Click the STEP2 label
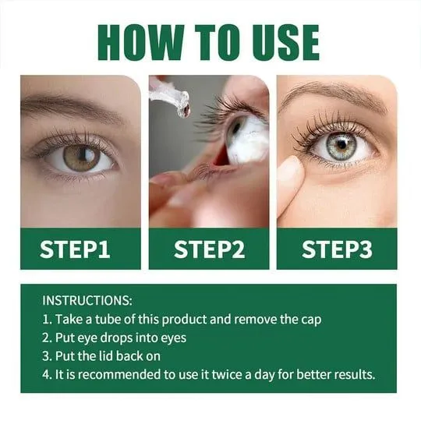pyautogui.click(x=209, y=249)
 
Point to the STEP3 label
pyautogui.click(x=337, y=249)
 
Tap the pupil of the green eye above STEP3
pyautogui.click(x=341, y=145)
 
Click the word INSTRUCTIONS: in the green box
pyautogui.click(x=87, y=300)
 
